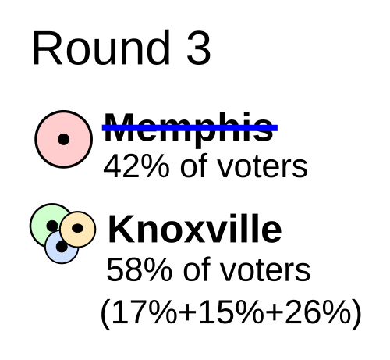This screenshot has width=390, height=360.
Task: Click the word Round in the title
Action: (x=101, y=48)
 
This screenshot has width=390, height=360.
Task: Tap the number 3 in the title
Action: (x=199, y=48)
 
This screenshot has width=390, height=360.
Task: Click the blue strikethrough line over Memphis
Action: (x=190, y=128)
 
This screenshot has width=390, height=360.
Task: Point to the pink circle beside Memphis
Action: (x=64, y=139)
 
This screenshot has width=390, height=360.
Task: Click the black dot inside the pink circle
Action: (x=64, y=139)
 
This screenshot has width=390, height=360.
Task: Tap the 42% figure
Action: (x=136, y=166)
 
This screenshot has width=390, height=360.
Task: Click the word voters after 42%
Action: (x=263, y=167)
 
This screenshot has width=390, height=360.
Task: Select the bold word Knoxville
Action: (x=194, y=229)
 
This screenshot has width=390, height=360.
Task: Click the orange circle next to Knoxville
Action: (x=78, y=229)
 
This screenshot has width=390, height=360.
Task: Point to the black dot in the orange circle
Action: (x=78, y=228)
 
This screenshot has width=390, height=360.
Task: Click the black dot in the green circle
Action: (x=52, y=226)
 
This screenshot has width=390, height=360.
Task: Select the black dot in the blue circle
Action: (x=62, y=247)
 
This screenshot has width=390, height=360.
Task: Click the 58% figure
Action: (x=139, y=269)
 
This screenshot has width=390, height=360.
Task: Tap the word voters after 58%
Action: (x=266, y=271)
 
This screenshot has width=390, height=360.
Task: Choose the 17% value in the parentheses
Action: (x=145, y=312)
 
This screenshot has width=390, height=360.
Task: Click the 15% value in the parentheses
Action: (x=231, y=312)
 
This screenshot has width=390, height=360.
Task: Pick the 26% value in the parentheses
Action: (x=318, y=312)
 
